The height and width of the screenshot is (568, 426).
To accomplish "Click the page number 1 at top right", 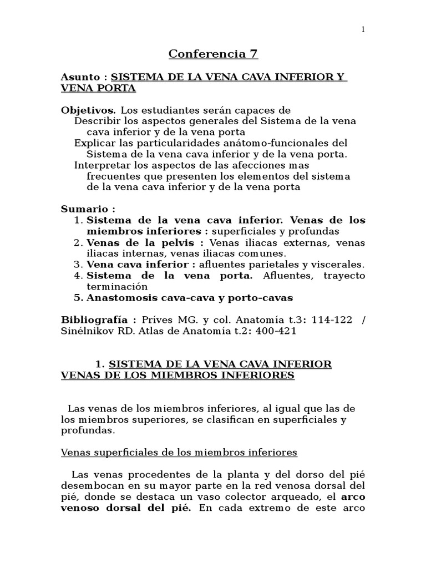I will click(363, 30).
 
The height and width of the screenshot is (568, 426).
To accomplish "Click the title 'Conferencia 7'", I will click(213, 54).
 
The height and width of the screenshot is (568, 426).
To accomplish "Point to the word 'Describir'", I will click(95, 121).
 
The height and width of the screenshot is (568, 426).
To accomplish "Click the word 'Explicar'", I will click(93, 143).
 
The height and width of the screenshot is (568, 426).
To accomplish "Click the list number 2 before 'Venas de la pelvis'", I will click(78, 242).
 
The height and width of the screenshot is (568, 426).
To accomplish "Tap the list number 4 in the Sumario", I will click(78, 276).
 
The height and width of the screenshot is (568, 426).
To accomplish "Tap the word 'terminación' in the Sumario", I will click(117, 287).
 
